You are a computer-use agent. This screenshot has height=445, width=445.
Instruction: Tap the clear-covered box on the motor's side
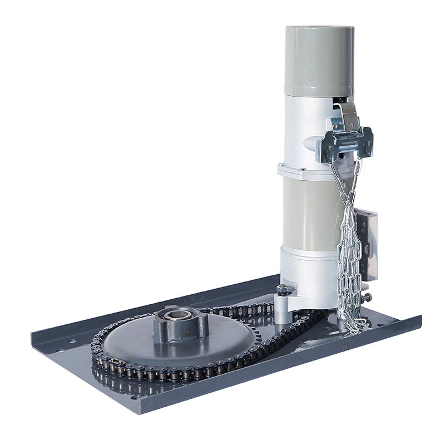(368, 245)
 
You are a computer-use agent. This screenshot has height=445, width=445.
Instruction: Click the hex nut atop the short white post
(283, 289)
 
